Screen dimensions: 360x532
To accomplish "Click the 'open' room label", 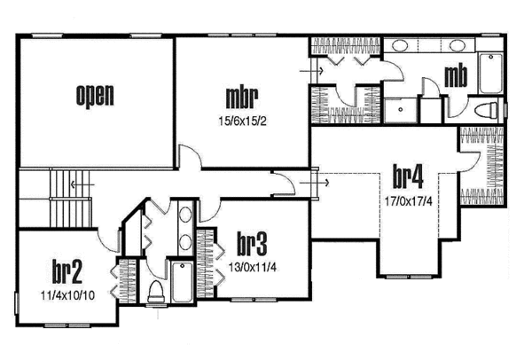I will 95,94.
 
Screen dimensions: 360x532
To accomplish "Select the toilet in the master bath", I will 487,110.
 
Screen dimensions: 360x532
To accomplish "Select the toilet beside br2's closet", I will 157,290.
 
